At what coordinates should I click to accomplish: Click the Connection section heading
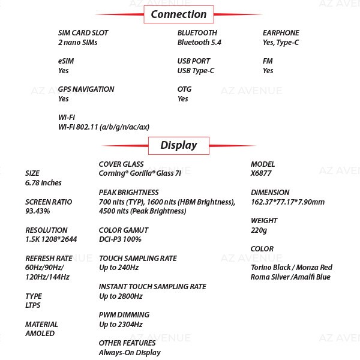(x=179, y=14)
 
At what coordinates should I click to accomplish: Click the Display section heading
(x=179, y=145)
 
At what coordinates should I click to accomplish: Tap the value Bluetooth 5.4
(x=199, y=42)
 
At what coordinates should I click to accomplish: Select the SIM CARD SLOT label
(x=83, y=33)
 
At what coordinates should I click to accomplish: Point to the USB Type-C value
(x=196, y=71)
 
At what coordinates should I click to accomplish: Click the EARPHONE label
(x=281, y=33)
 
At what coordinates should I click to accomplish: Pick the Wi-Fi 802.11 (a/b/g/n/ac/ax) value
(x=104, y=127)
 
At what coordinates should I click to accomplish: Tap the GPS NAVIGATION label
(x=86, y=89)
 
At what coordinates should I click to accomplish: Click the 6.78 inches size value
(x=43, y=183)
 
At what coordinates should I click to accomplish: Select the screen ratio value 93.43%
(x=37, y=211)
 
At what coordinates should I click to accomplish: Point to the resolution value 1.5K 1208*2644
(x=51, y=239)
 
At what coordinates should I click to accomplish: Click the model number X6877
(x=261, y=173)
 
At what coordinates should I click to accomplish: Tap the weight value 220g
(x=259, y=230)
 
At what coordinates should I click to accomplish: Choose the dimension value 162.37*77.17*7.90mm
(x=287, y=202)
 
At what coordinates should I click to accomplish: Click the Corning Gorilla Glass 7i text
(x=140, y=173)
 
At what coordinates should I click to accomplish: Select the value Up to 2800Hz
(x=121, y=296)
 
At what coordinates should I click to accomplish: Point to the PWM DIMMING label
(x=124, y=315)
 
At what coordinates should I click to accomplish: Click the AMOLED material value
(x=40, y=334)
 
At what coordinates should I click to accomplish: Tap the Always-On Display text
(x=130, y=353)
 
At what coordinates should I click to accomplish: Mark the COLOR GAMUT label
(x=124, y=230)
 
